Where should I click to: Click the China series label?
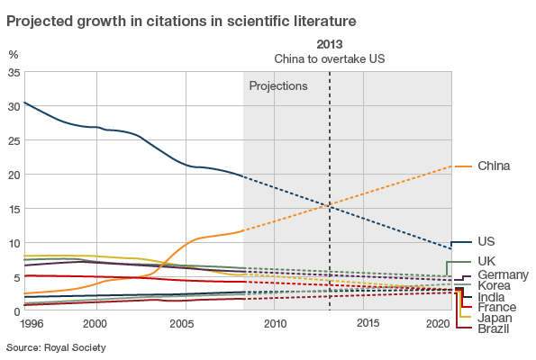(494, 166)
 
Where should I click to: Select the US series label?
(486, 242)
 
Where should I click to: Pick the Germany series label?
(503, 274)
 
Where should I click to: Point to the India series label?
(491, 296)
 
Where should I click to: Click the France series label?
(496, 307)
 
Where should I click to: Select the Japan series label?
(495, 318)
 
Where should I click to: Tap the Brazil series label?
(494, 328)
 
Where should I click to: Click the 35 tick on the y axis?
(13, 72)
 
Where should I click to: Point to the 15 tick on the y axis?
(13, 209)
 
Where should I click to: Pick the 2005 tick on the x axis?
(183, 323)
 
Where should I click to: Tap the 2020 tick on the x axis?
(439, 323)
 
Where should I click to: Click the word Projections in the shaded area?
(278, 86)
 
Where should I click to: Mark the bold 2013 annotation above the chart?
(331, 43)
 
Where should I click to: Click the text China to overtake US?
(330, 58)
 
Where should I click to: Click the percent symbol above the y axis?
(13, 55)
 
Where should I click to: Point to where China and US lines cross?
(331, 207)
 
